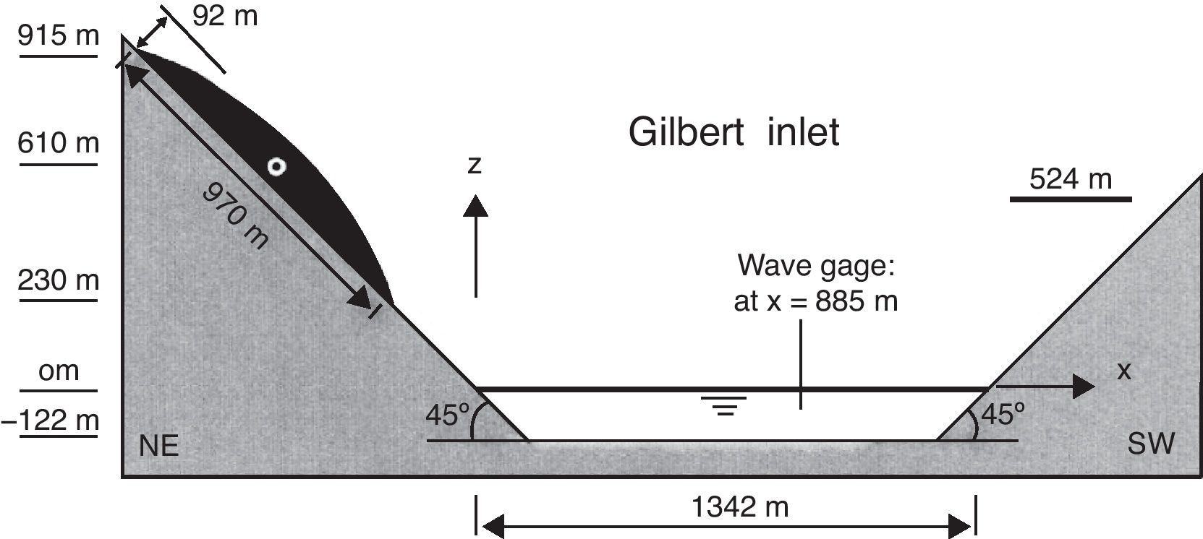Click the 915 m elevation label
(58, 35)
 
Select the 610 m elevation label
(58, 143)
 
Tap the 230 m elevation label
(58, 280)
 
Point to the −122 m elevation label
(51, 420)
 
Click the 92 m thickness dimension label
(224, 16)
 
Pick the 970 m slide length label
(235, 216)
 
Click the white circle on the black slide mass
(276, 167)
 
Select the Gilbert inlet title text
(734, 132)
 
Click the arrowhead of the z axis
(475, 205)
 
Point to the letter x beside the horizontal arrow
(1123, 371)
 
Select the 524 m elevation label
(1070, 178)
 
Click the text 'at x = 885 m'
(815, 301)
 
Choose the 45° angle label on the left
(447, 415)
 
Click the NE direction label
(158, 446)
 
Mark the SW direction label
(1151, 444)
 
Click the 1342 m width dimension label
(739, 507)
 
